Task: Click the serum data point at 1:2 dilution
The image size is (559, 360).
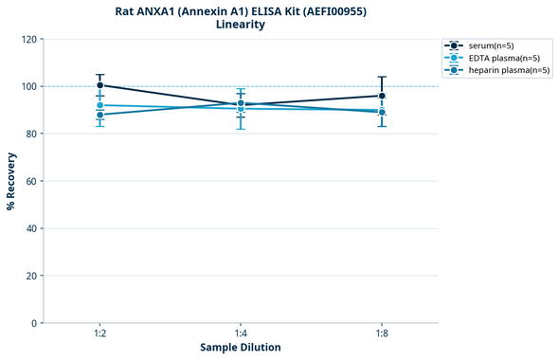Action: point(100,85)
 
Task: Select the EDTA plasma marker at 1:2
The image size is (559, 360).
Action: point(100,105)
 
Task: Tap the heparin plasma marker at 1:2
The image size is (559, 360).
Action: point(100,115)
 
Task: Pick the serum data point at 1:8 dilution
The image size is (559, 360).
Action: point(382,96)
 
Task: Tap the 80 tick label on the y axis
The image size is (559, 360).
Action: point(32,134)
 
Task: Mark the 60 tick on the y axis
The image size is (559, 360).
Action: point(32,181)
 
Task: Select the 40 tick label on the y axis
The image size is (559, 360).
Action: point(32,228)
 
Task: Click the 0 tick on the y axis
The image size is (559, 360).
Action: point(35,323)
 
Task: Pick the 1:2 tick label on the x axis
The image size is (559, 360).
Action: point(100,334)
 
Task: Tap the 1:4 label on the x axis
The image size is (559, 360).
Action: point(241,334)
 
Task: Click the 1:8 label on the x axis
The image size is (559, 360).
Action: point(382,334)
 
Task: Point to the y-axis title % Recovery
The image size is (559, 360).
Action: point(11,180)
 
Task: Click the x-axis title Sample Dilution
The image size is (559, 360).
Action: point(241,348)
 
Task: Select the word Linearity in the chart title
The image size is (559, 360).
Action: point(241,25)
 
